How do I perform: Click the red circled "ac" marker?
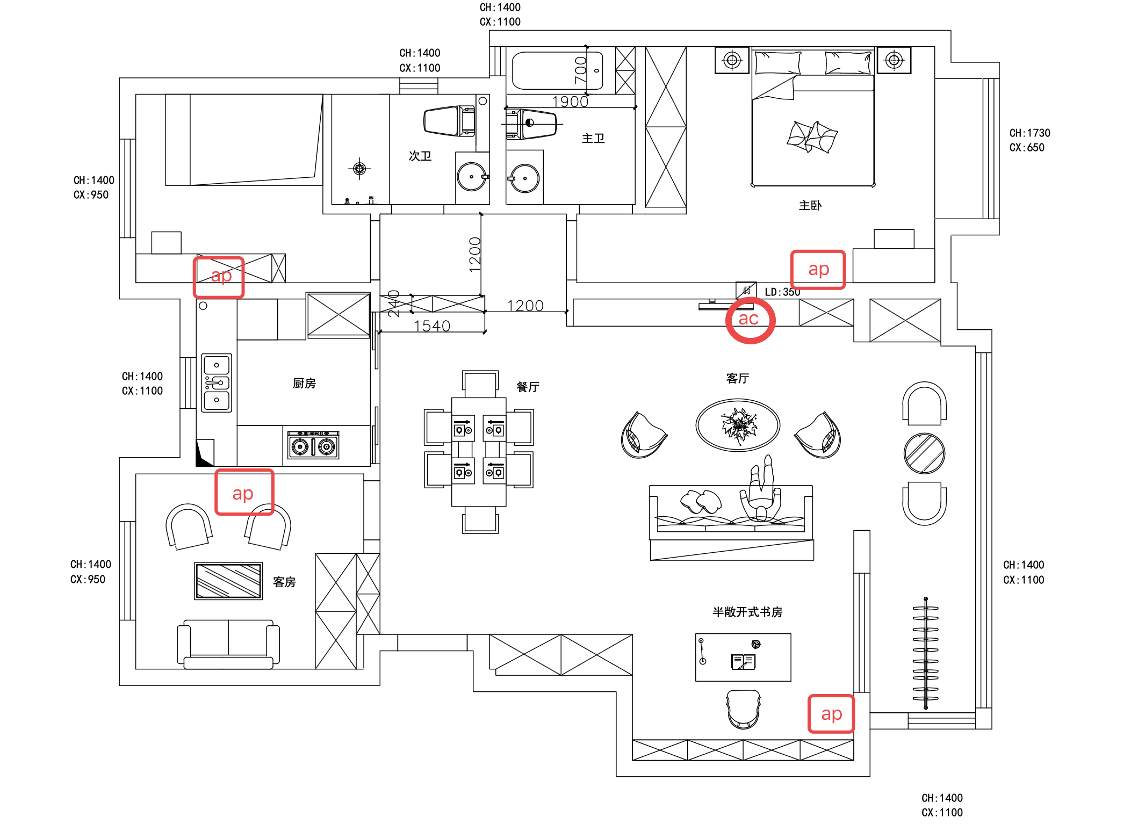click(x=750, y=320)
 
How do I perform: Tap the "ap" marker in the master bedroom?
click(x=818, y=270)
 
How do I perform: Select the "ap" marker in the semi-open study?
click(x=831, y=714)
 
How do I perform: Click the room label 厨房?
click(x=304, y=383)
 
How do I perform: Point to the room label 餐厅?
click(x=528, y=387)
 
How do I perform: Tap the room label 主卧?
click(x=810, y=205)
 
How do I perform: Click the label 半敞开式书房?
click(x=747, y=612)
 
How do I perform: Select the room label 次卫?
click(x=420, y=156)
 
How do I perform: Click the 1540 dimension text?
click(x=432, y=326)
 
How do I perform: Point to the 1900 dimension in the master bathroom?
click(x=570, y=102)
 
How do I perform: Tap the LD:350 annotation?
click(x=782, y=292)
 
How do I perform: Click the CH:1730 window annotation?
click(x=1030, y=133)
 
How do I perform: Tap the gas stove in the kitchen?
click(x=313, y=445)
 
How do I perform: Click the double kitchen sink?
click(x=217, y=382)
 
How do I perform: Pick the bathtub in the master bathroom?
click(x=557, y=70)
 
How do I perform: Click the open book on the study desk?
click(x=743, y=662)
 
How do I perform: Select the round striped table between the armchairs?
click(x=924, y=453)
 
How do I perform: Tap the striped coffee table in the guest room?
click(x=228, y=581)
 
